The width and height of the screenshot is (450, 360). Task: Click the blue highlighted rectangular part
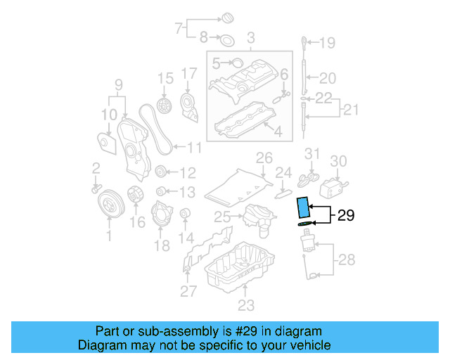pos(303,208)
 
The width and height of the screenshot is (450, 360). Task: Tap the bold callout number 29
pos(346,216)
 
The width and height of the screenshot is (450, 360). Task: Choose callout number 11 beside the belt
pos(193,148)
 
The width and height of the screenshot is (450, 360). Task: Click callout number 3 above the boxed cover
pos(250,36)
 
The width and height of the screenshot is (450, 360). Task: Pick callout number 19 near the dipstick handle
pos(328,44)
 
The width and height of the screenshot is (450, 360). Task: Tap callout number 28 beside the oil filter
pos(347,261)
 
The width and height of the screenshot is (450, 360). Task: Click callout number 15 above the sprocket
pos(165,77)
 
